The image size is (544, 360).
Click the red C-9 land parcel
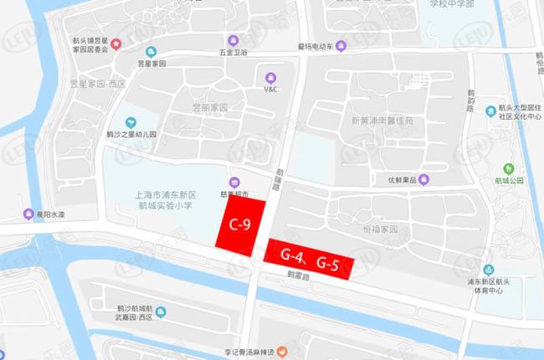[240, 224]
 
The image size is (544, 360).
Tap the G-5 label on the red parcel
[327, 265]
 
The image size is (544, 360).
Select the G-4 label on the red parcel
[291, 255]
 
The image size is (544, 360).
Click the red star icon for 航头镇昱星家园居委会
[115, 44]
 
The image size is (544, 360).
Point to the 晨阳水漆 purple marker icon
[29, 213]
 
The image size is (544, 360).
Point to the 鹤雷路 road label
[298, 275]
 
